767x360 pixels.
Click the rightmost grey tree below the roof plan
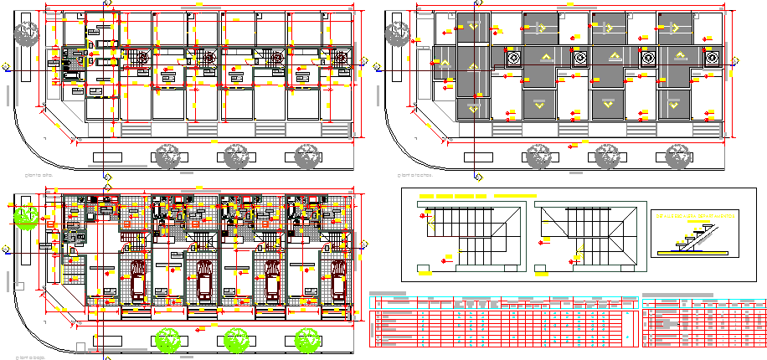[x=676, y=156]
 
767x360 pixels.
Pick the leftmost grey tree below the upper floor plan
[x=167, y=156]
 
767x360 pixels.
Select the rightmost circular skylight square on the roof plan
[x=713, y=58]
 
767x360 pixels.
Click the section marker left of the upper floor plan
[x=7, y=68]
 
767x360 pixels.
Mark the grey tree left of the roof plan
[x=397, y=33]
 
